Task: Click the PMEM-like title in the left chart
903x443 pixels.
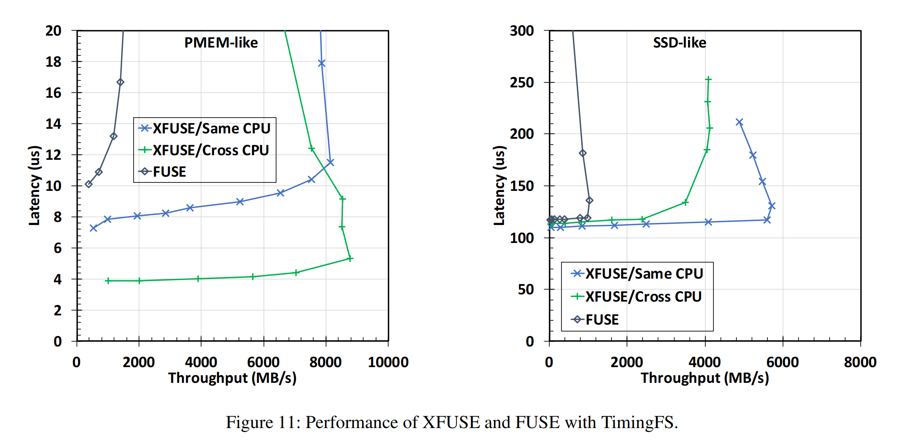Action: (x=221, y=43)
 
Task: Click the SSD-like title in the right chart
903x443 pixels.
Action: (x=679, y=43)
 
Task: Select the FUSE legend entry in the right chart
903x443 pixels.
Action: (x=602, y=320)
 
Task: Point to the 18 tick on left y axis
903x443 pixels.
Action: (x=53, y=62)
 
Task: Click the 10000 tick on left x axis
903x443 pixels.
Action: (x=388, y=362)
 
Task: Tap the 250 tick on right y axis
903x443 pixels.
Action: (x=522, y=82)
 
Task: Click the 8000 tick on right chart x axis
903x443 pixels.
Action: (x=860, y=362)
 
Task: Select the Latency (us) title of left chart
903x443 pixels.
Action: (x=34, y=185)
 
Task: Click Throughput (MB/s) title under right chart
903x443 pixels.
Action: (x=705, y=378)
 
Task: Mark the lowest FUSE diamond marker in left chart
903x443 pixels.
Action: (x=89, y=184)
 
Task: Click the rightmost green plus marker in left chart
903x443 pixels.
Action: (x=349, y=259)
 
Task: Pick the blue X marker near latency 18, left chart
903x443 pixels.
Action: (x=322, y=63)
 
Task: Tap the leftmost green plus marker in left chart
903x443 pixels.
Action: (x=108, y=281)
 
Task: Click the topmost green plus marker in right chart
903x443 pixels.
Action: (x=708, y=79)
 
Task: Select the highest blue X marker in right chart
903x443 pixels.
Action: (x=739, y=122)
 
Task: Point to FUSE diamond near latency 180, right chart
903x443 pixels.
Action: (x=582, y=153)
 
